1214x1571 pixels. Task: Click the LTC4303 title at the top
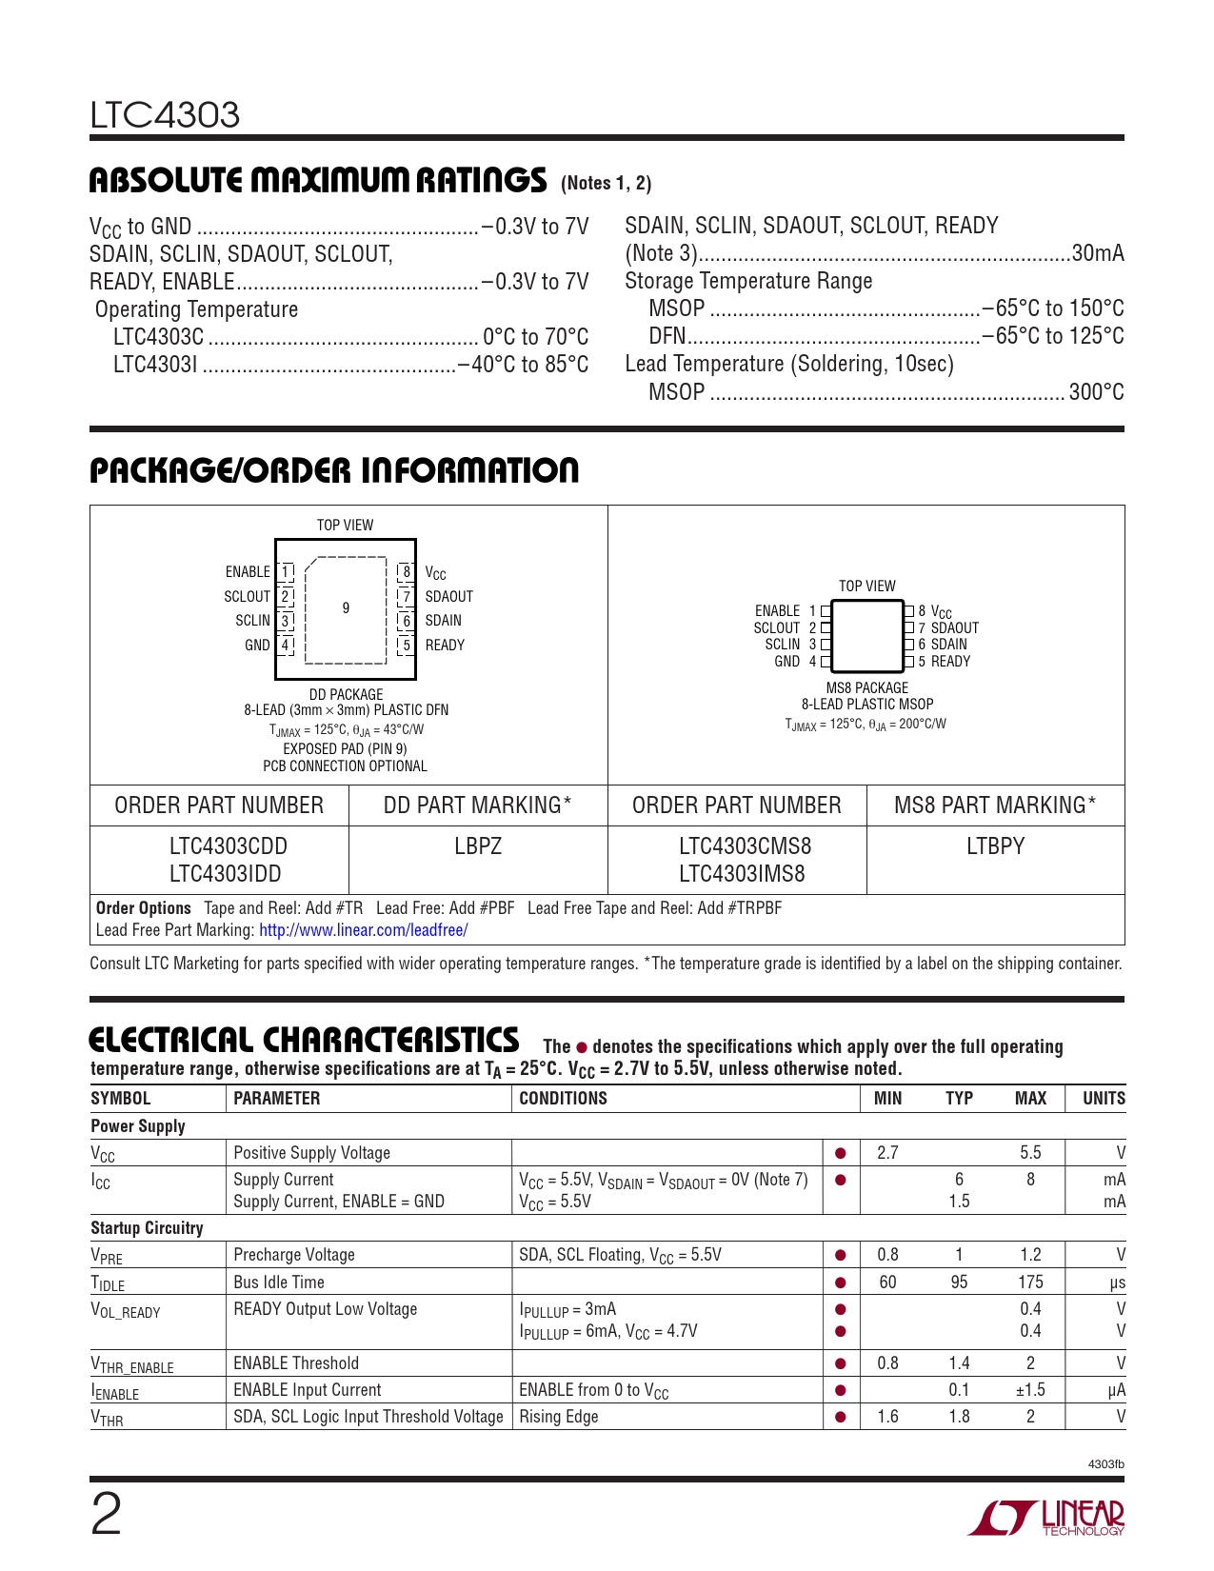[x=165, y=115]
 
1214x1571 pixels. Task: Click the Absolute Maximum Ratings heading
[x=318, y=180]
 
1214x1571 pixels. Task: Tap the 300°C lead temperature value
[x=1096, y=392]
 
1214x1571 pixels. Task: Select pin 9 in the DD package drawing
[x=346, y=607]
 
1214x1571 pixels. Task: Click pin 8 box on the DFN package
[x=407, y=571]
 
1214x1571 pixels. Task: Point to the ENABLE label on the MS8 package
[x=777, y=611]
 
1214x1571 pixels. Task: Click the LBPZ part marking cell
[x=478, y=846]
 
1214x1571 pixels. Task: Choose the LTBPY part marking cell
[x=995, y=846]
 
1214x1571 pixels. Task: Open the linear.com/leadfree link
[x=363, y=930]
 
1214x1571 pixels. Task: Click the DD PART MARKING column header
[x=477, y=805]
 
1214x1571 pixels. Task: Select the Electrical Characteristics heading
[x=304, y=1040]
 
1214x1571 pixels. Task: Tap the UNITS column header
[x=1104, y=1099]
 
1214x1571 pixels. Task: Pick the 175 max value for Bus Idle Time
[x=1030, y=1283]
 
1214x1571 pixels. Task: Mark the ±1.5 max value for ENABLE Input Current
[x=1029, y=1390]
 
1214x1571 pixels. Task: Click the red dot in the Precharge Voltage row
[x=841, y=1256]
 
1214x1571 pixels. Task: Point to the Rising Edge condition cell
[x=559, y=1417]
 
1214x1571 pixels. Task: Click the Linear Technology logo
[x=1046, y=1517]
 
